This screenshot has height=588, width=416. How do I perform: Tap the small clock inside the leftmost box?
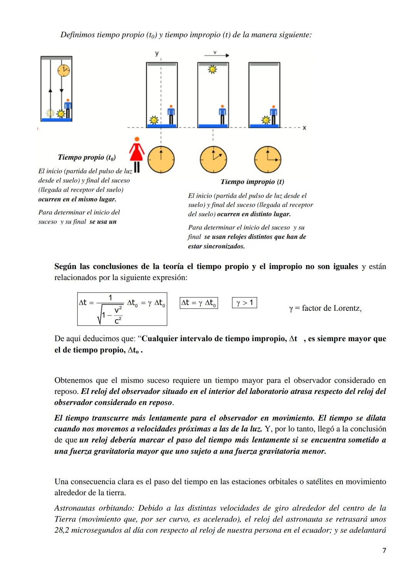coord(64,70)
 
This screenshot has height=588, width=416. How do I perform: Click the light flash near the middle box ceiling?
coord(212,70)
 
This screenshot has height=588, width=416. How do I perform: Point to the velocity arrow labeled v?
coord(216,55)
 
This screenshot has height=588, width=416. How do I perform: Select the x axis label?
coord(304,128)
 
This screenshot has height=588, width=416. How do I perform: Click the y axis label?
coord(157,54)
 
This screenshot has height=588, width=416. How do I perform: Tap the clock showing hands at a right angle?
coord(268,159)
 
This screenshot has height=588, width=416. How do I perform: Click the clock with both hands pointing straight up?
coord(161,159)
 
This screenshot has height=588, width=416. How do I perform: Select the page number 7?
coord(384,550)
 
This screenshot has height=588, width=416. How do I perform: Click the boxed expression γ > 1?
coord(245,303)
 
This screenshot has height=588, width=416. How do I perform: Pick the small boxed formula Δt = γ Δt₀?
coord(199,303)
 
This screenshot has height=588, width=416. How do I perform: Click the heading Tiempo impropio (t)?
coord(252,181)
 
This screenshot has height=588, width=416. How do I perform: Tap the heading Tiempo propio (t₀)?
coord(87,157)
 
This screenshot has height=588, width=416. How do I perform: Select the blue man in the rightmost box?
coord(273,115)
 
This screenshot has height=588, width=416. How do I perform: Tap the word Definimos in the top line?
coord(77,35)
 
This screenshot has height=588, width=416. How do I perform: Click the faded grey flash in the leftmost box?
coord(50,113)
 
